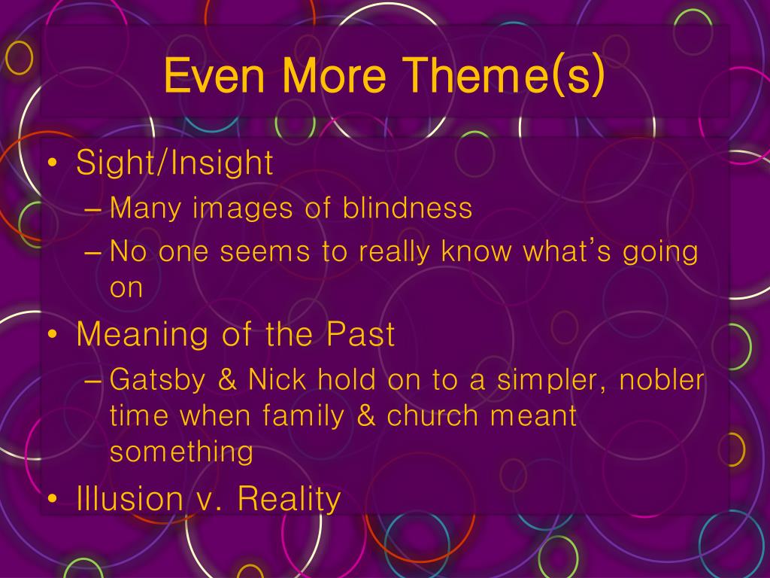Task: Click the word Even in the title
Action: (214, 75)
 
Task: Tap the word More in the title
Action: (334, 75)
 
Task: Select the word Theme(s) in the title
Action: (505, 76)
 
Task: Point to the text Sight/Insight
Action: (174, 163)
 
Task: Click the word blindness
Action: (407, 208)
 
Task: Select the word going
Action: (660, 253)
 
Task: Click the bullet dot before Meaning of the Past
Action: (53, 334)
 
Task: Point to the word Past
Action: (360, 334)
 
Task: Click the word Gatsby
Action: (157, 381)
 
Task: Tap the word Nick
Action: (277, 380)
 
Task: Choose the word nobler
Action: (662, 380)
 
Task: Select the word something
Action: (181, 452)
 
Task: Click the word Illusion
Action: (130, 498)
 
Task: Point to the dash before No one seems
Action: (92, 253)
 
